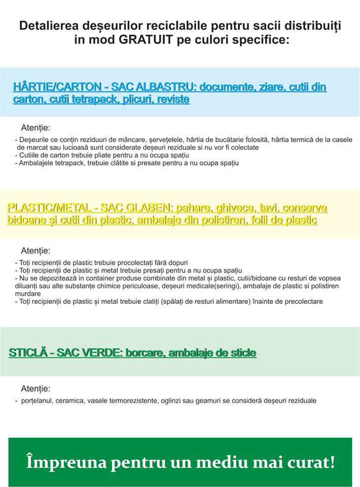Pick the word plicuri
coord(133,99)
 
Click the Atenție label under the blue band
coord(35,128)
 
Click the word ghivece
coord(234,208)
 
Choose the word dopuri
coord(177,263)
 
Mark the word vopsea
coord(327,278)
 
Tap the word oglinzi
coord(198,400)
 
